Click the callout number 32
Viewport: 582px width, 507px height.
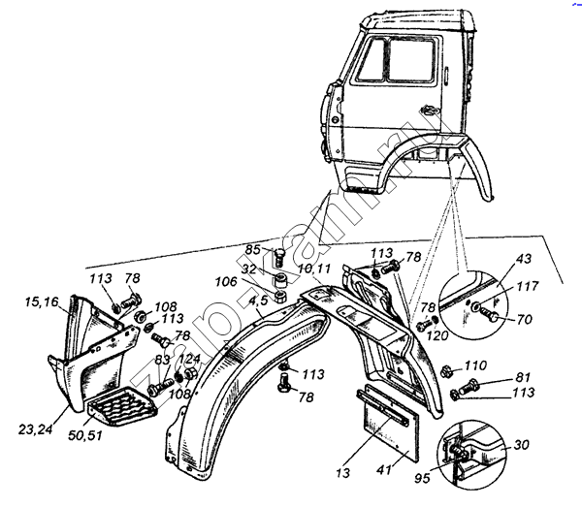[249, 269]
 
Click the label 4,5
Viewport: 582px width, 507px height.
[257, 301]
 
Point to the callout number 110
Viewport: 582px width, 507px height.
[475, 367]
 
